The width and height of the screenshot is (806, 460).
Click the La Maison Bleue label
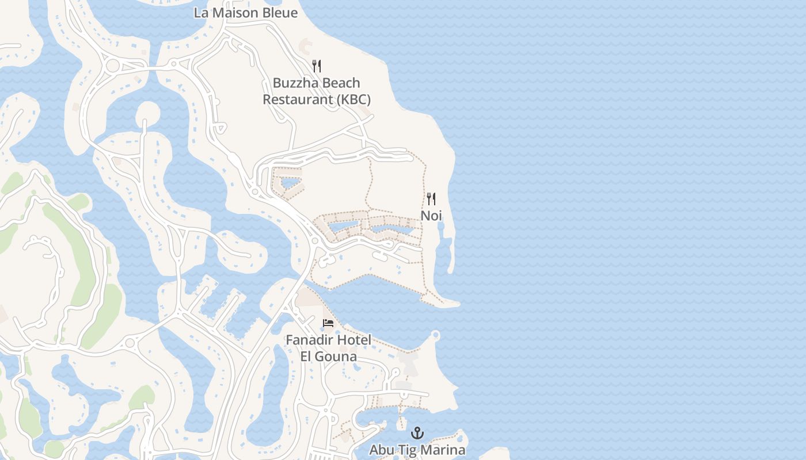(246, 13)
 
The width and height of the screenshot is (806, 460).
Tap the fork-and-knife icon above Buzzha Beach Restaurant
(317, 66)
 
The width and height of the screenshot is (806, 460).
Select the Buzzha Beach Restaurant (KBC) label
(317, 91)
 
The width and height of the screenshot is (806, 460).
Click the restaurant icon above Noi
(431, 199)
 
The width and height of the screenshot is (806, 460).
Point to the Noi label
(431, 216)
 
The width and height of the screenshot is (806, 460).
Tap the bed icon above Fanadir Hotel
(328, 323)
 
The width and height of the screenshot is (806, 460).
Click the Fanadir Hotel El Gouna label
(329, 348)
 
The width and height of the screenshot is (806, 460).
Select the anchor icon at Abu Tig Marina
(417, 433)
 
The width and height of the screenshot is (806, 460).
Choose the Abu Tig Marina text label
(417, 450)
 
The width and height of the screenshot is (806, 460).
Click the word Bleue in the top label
(279, 13)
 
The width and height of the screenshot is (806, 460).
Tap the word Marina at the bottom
(443, 450)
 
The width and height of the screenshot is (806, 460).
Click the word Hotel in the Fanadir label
(354, 340)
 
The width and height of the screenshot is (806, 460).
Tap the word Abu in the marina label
(380, 450)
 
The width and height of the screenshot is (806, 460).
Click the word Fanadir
(310, 340)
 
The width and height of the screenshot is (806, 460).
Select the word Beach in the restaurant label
(340, 83)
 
